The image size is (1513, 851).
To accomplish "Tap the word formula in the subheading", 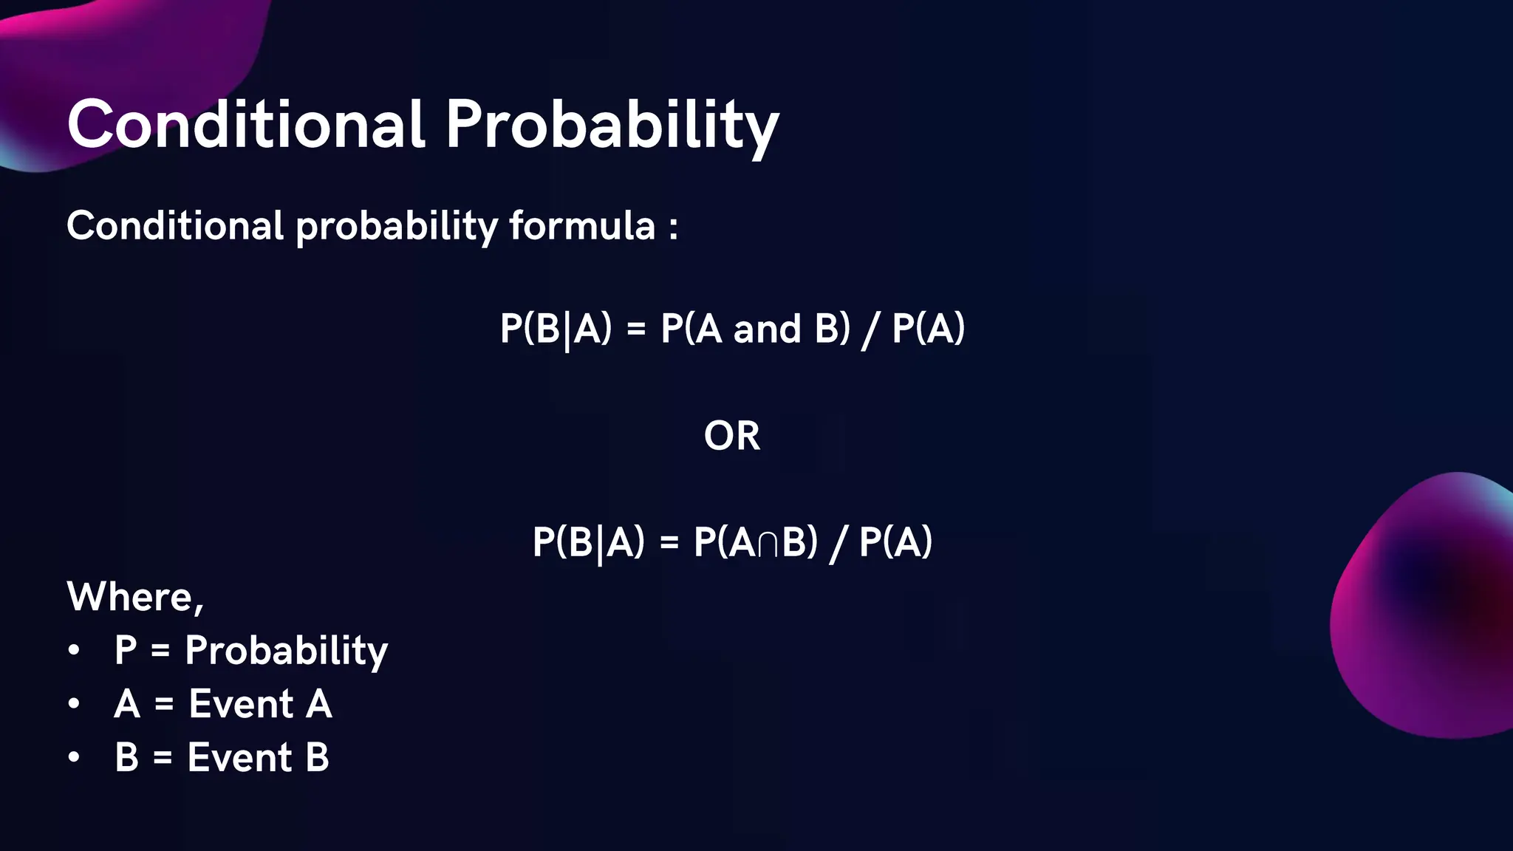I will point(582,225).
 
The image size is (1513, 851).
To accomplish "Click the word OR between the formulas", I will point(731,436).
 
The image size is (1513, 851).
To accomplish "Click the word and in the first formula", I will point(767,329).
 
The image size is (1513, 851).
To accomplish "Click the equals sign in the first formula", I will point(636,330).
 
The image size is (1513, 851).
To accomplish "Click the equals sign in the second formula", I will point(669,543).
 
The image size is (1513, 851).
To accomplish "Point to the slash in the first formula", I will point(870,330).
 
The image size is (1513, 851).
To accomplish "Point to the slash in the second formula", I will point(838,544).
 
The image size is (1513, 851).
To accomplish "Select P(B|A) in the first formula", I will point(556,329).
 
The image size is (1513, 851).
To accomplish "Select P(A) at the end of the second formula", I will point(895,542).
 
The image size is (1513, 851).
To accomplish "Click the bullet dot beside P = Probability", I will point(73,651).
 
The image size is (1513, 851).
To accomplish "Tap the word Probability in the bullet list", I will point(286,651).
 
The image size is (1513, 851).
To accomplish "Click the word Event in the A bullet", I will point(241,704).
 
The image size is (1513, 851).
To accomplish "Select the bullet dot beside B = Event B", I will point(73,757).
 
